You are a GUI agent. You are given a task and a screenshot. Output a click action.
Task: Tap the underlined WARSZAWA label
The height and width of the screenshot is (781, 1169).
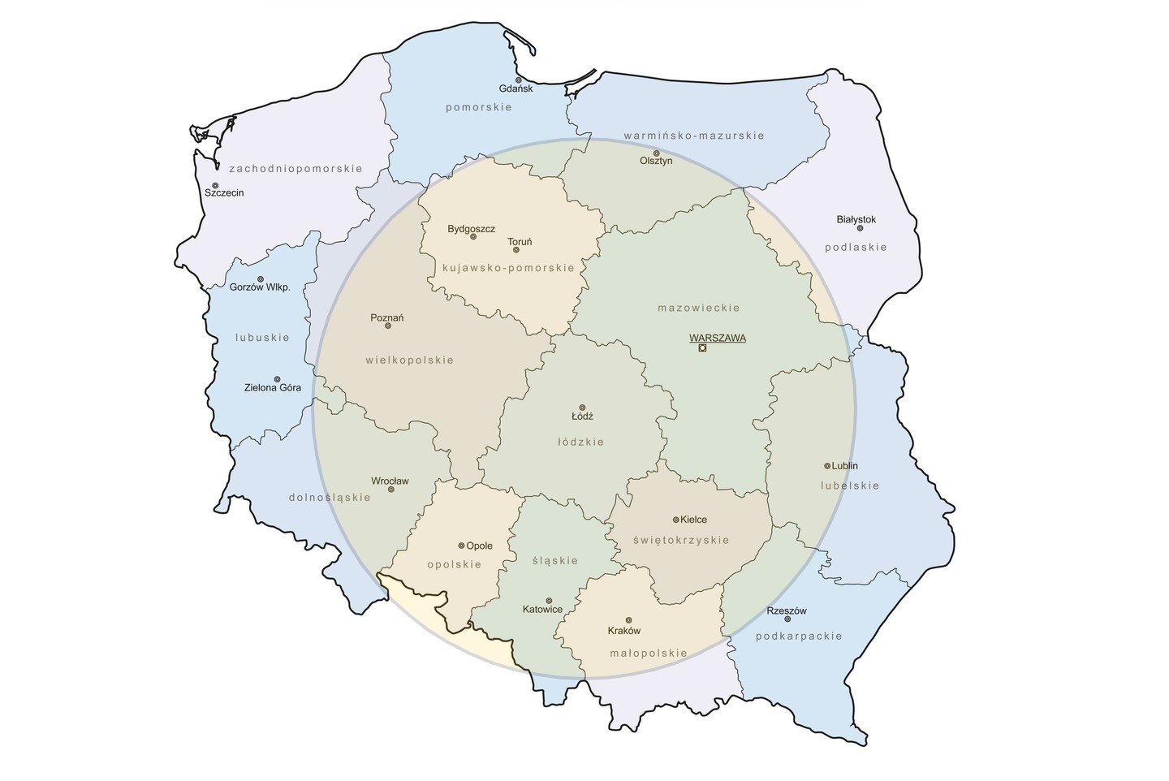[717, 338]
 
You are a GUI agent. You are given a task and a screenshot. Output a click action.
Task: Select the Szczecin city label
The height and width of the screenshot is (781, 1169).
[224, 193]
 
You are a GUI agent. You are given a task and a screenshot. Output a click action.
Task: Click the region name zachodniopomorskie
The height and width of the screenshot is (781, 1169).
[295, 169]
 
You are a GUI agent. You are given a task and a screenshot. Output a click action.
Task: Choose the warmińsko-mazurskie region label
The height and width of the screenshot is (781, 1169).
[693, 136]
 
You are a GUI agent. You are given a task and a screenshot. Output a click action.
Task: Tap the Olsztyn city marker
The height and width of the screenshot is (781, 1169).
[656, 153]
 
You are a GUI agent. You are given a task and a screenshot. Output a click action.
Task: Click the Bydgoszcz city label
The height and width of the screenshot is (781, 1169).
[471, 229]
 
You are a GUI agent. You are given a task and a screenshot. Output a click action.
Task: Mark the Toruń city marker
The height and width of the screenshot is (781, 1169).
[515, 250]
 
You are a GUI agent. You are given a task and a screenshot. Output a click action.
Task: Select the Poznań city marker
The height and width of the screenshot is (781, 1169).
[387, 326]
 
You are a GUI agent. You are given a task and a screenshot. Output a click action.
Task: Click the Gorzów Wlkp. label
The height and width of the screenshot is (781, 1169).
[260, 287]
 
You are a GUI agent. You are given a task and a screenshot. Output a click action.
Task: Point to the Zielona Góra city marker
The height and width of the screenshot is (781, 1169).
[277, 379]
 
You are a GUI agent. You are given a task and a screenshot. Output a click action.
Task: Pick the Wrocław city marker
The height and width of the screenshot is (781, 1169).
[390, 490]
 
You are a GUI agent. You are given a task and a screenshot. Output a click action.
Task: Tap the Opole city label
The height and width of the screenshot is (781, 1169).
[479, 546]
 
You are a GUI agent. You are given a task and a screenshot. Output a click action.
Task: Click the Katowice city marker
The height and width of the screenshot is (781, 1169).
[548, 601]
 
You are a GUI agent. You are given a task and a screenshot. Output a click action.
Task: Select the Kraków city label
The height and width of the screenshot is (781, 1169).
[623, 631]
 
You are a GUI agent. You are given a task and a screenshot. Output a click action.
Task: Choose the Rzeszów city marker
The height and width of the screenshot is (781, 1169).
[787, 619]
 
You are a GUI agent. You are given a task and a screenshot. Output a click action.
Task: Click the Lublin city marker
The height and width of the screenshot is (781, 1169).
[826, 466]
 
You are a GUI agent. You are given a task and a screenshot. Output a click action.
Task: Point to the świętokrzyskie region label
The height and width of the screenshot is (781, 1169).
[682, 540]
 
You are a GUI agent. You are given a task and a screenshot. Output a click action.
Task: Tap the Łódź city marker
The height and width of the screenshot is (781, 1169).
[581, 408]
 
